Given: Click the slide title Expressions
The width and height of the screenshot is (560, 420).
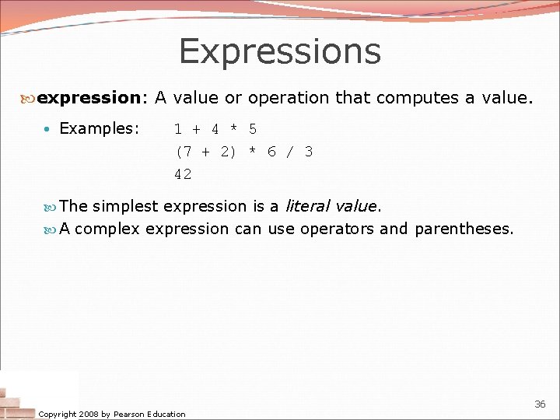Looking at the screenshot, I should [280, 51].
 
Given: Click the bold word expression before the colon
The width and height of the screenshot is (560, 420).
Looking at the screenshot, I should [87, 98].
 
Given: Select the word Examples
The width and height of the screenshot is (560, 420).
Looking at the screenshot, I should [96, 128].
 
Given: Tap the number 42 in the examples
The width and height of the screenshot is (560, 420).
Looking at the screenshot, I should [183, 174].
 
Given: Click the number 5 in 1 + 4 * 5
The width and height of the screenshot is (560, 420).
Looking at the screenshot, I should [253, 129].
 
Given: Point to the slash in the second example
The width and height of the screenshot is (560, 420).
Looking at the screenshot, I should [290, 152].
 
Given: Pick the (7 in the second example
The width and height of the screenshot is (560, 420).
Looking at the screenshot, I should [185, 152].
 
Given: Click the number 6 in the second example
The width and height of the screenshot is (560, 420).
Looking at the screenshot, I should [271, 152].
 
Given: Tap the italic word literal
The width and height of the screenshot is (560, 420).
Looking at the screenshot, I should [307, 206].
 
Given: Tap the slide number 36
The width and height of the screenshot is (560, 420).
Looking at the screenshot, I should [540, 404].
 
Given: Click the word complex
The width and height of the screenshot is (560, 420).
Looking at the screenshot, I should [107, 229].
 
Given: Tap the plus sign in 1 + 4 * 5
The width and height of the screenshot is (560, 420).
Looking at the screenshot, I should [196, 129].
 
